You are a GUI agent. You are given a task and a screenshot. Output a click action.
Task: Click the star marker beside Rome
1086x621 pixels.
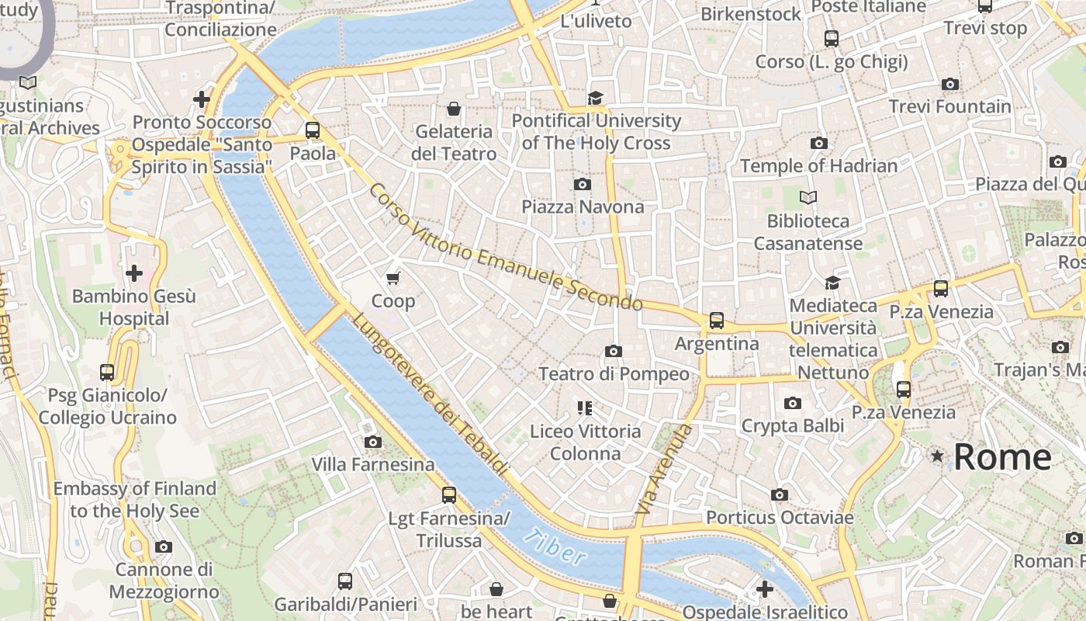[938, 456]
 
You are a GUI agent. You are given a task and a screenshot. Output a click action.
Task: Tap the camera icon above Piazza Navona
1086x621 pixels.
[582, 184]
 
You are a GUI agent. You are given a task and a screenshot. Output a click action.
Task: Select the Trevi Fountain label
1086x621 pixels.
[949, 106]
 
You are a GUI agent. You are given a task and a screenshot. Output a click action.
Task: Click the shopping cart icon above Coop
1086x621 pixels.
[393, 278]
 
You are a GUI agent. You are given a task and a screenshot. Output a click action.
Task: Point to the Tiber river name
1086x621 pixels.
[554, 546]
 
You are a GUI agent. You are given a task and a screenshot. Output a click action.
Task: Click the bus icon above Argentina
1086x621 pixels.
[716, 320]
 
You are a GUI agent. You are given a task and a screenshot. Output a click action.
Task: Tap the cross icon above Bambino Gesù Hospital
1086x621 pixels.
[134, 273]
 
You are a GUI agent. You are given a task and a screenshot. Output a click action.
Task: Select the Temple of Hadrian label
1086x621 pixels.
[818, 165]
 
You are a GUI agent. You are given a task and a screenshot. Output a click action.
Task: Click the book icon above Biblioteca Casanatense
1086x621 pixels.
[808, 198]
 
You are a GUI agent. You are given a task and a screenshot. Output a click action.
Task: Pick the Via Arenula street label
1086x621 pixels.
[663, 469]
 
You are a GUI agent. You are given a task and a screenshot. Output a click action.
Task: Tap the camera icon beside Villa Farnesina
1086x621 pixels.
[373, 442]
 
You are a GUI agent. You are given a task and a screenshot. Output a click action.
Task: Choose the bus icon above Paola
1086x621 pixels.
[313, 130]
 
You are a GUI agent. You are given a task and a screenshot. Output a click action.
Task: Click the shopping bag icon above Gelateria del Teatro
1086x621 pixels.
[454, 109]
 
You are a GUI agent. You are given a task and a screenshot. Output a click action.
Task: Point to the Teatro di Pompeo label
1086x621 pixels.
[614, 373]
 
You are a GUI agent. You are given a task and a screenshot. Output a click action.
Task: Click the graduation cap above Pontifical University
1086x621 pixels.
[595, 98]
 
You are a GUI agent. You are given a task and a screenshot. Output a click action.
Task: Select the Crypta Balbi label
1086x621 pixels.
[792, 425]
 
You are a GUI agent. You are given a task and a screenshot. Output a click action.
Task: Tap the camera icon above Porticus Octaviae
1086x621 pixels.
[780, 494]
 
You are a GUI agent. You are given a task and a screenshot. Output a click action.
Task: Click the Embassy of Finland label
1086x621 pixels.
[134, 499]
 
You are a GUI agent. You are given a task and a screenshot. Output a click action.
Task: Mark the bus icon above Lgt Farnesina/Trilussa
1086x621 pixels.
[448, 494]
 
